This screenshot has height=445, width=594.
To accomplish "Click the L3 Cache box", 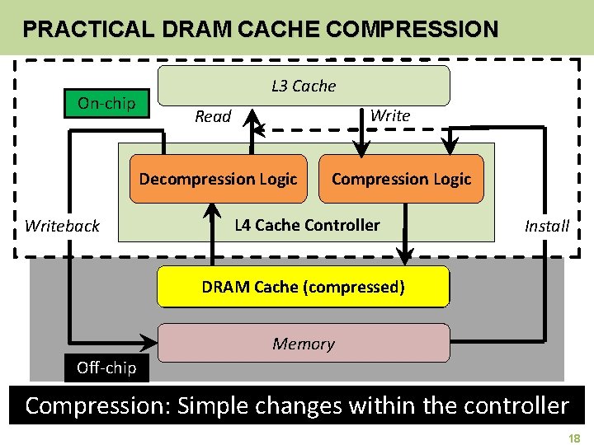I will click(304, 86).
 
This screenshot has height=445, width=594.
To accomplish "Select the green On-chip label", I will click(106, 103).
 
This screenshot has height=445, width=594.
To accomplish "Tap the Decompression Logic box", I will click(218, 179).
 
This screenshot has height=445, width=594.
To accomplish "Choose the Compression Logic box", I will click(401, 179).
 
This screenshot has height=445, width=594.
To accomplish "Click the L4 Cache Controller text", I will click(307, 225).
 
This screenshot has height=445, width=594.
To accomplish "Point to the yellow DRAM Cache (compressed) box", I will click(304, 287).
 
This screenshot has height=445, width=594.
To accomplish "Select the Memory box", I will click(304, 344).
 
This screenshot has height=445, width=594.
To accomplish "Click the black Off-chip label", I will click(106, 368).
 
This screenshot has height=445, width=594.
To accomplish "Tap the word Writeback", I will click(62, 226).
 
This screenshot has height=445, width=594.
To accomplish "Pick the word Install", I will click(547, 226).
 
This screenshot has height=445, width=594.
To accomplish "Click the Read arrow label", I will click(213, 117).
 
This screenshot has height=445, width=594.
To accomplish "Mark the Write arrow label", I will click(390, 115).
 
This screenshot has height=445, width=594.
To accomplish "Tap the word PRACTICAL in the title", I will click(87, 30).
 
